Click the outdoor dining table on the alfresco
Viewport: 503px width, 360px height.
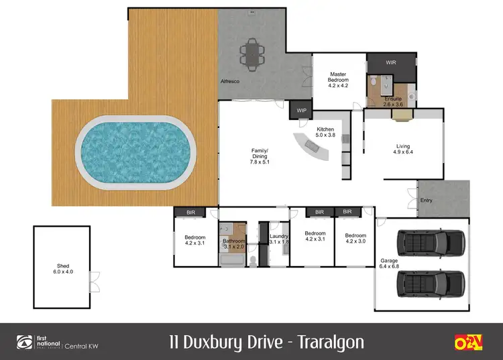point(252,54)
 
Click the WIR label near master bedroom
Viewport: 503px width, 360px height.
point(391,62)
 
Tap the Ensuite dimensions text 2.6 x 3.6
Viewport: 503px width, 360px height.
point(393,105)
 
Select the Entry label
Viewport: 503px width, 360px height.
point(426,200)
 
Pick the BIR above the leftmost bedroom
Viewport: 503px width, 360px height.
point(194,212)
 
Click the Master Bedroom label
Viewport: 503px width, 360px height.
point(339,80)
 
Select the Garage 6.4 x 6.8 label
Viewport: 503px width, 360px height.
point(389,264)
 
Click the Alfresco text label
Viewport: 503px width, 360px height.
point(231,82)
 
